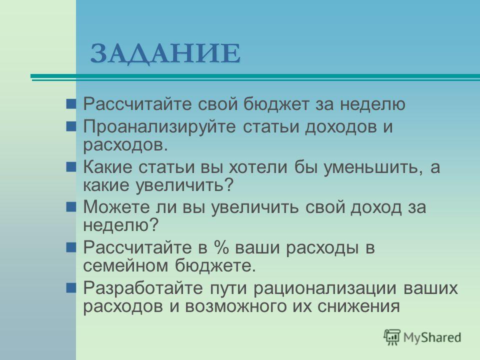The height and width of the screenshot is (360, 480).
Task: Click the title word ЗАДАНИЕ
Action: pyautogui.click(x=165, y=54)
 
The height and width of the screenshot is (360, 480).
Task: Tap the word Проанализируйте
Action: pyautogui.click(x=159, y=126)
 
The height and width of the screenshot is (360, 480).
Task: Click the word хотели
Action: pyautogui.click(x=258, y=167)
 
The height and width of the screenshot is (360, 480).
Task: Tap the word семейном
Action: pyautogui.click(x=125, y=266)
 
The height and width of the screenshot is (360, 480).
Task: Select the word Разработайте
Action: pyautogui.click(x=143, y=288)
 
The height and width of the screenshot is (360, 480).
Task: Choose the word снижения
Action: pyautogui.click(x=358, y=306)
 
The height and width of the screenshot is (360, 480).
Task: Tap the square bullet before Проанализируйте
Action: pyautogui.click(x=71, y=126)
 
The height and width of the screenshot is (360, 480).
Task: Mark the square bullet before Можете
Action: pyautogui.click(x=71, y=206)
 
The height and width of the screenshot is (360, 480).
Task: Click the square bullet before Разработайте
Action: pyautogui.click(x=71, y=287)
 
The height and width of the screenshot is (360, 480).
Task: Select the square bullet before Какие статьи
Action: pyautogui.click(x=71, y=167)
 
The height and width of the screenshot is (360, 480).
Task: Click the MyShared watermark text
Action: pyautogui.click(x=432, y=337)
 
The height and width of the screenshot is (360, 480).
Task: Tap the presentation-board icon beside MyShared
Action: pyautogui.click(x=392, y=337)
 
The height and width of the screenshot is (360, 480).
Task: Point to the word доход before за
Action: pyautogui.click(x=375, y=207)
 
